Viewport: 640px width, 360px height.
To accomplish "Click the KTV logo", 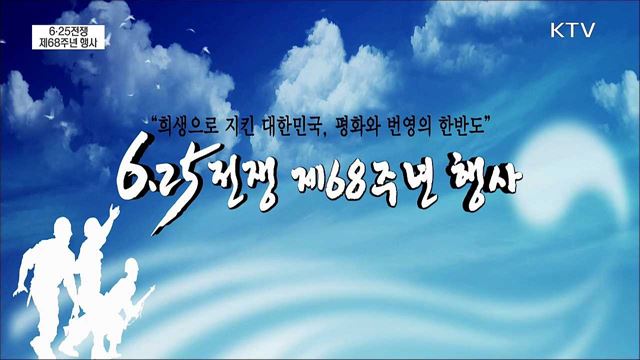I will tap(574, 30).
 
